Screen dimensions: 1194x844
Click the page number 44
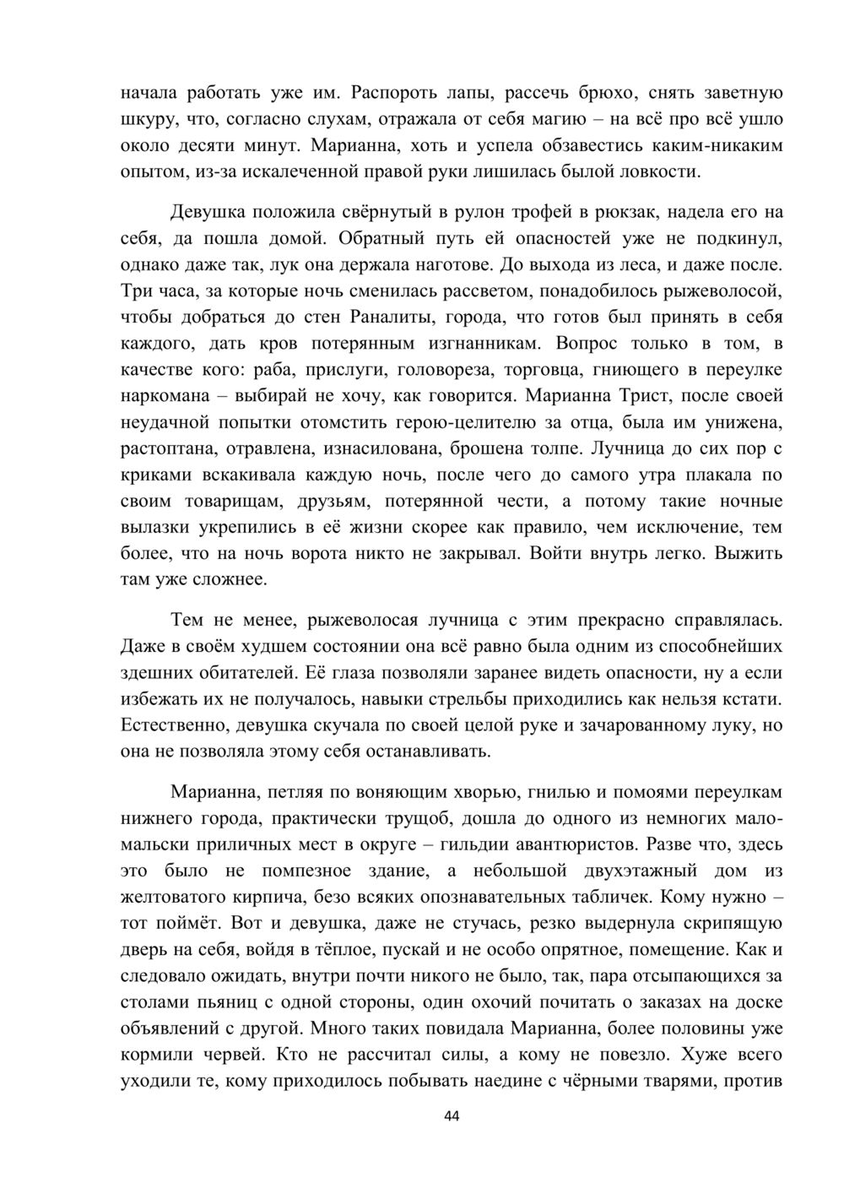point(451,1116)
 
